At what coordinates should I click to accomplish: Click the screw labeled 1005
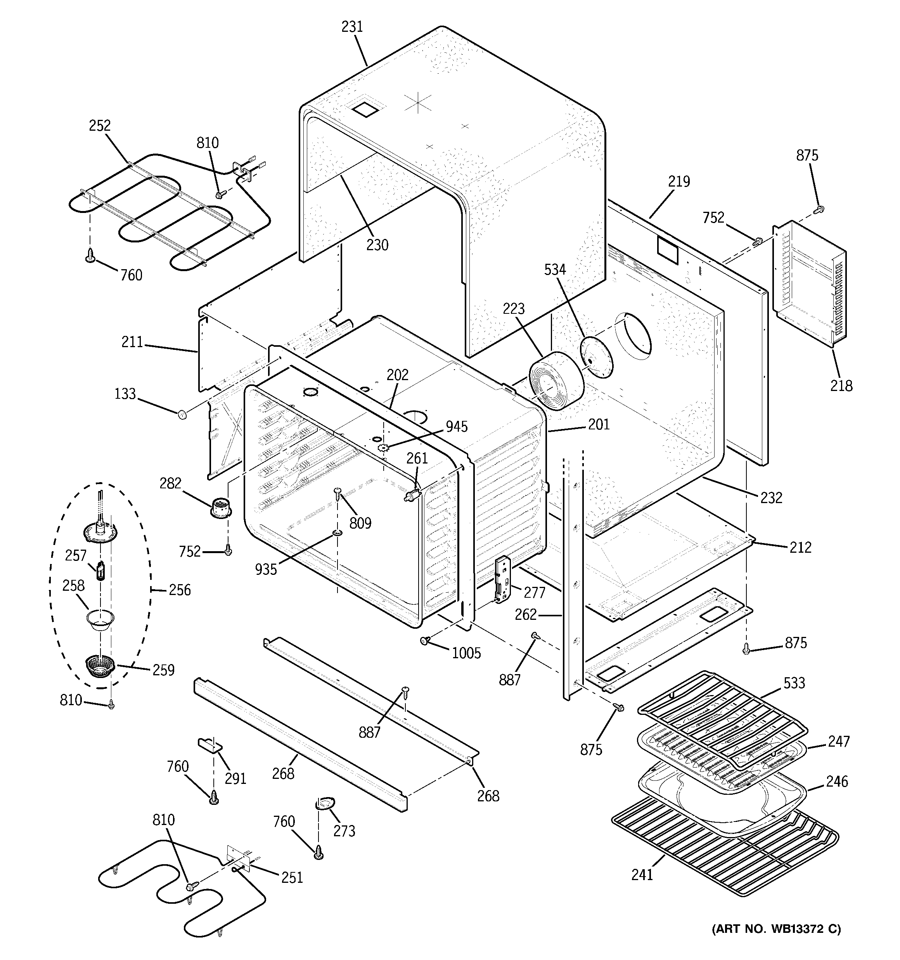pos(426,640)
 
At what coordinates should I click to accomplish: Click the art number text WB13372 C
pos(776,929)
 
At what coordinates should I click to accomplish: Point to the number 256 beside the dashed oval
pos(180,590)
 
